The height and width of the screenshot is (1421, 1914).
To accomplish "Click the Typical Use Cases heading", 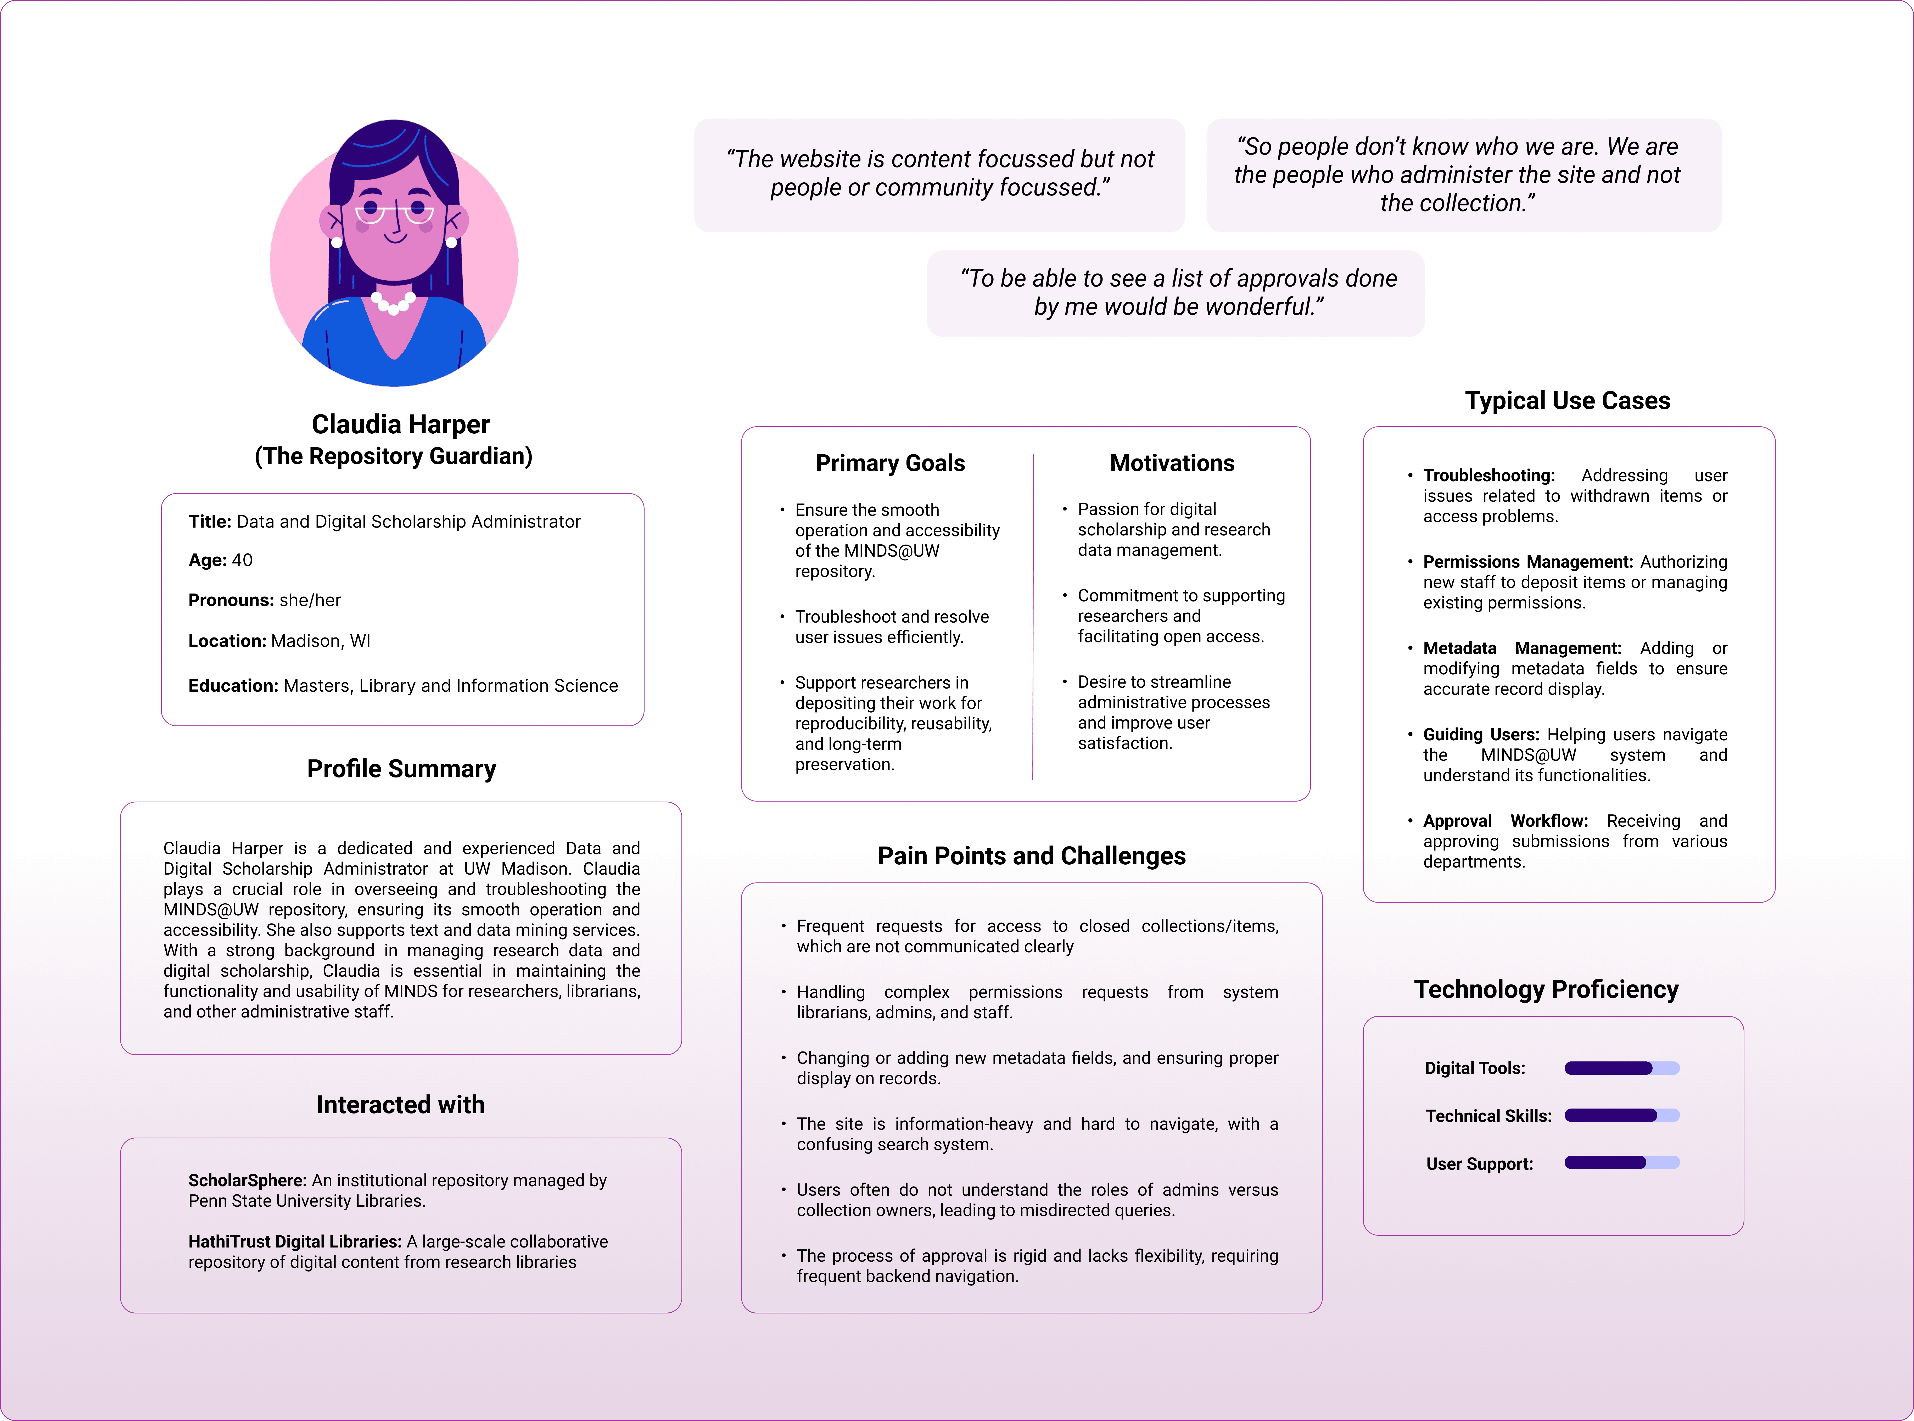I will tap(1567, 401).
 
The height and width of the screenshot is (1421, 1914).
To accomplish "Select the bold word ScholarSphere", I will tap(247, 1180).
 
